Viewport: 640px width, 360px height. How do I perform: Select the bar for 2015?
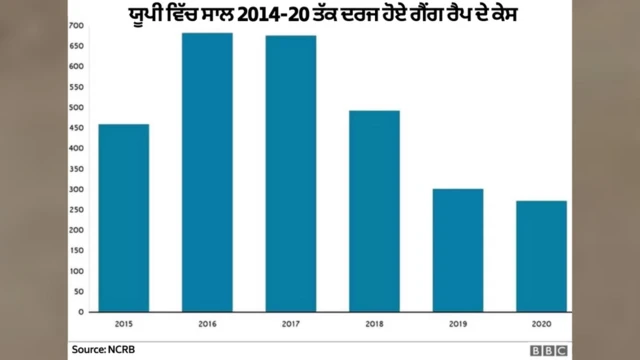(x=124, y=218)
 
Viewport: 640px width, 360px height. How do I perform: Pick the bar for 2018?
(x=374, y=211)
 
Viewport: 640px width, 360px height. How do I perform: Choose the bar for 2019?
(x=458, y=250)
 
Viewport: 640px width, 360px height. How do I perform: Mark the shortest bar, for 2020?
(x=541, y=256)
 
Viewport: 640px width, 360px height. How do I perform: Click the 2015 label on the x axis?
(x=124, y=325)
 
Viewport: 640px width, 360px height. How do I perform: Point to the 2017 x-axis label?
(x=291, y=325)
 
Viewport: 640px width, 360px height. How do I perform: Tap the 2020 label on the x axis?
(x=541, y=325)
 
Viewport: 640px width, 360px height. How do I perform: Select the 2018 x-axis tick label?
(x=374, y=325)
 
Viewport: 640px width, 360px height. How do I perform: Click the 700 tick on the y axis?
(x=77, y=24)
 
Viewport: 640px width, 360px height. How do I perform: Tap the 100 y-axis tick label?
(x=77, y=271)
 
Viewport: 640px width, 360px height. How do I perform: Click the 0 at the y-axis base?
(x=80, y=312)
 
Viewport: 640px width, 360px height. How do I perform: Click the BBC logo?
(x=549, y=349)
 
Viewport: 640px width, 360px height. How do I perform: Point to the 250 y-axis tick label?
(x=77, y=209)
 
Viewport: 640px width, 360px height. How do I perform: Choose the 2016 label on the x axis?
(x=207, y=325)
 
